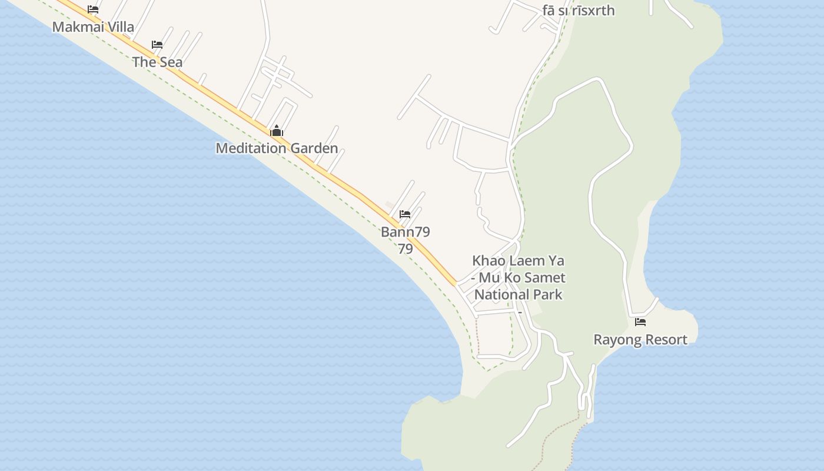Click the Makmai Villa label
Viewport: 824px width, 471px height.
click(x=93, y=26)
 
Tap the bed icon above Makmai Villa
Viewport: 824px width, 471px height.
click(x=93, y=9)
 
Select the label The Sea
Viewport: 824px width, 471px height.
click(x=157, y=62)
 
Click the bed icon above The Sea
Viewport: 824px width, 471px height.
click(x=157, y=45)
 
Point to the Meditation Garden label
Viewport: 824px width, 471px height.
click(x=277, y=148)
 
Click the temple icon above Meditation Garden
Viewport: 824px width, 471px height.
click(x=277, y=131)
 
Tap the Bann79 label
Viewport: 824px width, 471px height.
click(x=405, y=231)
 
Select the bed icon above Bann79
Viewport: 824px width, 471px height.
click(x=405, y=214)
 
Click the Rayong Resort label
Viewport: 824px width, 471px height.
click(x=640, y=340)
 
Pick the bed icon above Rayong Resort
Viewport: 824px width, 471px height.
click(x=640, y=322)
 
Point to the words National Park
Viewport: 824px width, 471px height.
click(x=519, y=294)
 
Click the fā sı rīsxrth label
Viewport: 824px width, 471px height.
click(x=579, y=10)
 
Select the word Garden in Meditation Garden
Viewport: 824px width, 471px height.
click(x=314, y=148)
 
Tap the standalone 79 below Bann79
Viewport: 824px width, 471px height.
click(x=405, y=248)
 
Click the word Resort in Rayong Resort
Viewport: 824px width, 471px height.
click(x=665, y=340)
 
